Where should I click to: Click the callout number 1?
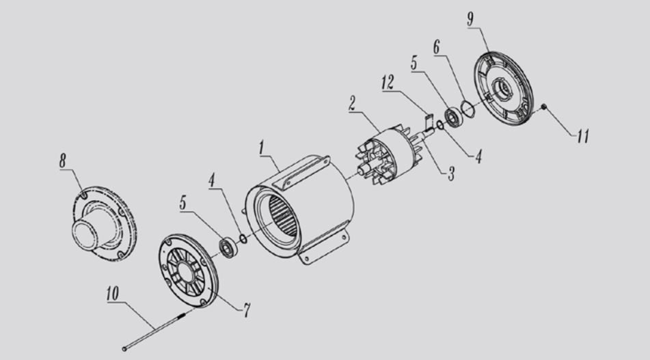click(x=262, y=148)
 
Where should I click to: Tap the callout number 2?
click(x=353, y=103)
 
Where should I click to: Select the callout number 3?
click(x=451, y=174)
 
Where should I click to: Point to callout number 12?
click(x=388, y=83)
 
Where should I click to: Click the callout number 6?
click(x=437, y=47)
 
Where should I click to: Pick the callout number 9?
click(x=470, y=19)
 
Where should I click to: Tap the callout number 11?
click(x=583, y=136)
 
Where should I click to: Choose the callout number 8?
click(x=63, y=161)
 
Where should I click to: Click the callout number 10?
click(x=113, y=293)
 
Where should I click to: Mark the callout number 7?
click(x=247, y=310)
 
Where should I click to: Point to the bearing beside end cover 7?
click(x=228, y=248)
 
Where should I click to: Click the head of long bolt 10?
click(x=124, y=349)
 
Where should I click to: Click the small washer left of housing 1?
click(x=243, y=238)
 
